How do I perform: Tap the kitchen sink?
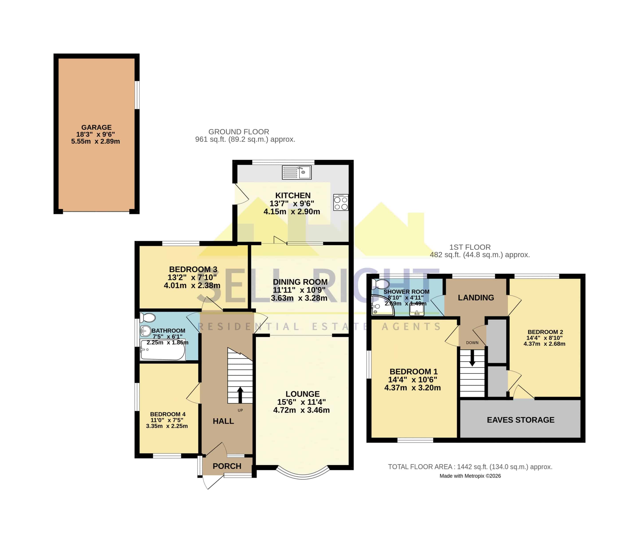tap(296, 172)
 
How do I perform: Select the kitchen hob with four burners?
tap(341, 202)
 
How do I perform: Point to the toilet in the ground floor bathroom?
tap(148, 318)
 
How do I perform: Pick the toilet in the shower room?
tap(380, 284)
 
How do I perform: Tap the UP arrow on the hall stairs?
tap(240, 395)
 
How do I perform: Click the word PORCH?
tap(227, 466)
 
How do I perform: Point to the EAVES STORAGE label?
tap(521, 420)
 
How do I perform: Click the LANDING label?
tap(476, 297)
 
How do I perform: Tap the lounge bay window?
tap(303, 473)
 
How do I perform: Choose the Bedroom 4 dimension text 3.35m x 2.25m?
tap(167, 426)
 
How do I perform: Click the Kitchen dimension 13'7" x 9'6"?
tap(292, 203)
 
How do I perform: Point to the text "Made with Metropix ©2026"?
tap(470, 476)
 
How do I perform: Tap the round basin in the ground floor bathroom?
tap(146, 331)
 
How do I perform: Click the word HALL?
tap(223, 421)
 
